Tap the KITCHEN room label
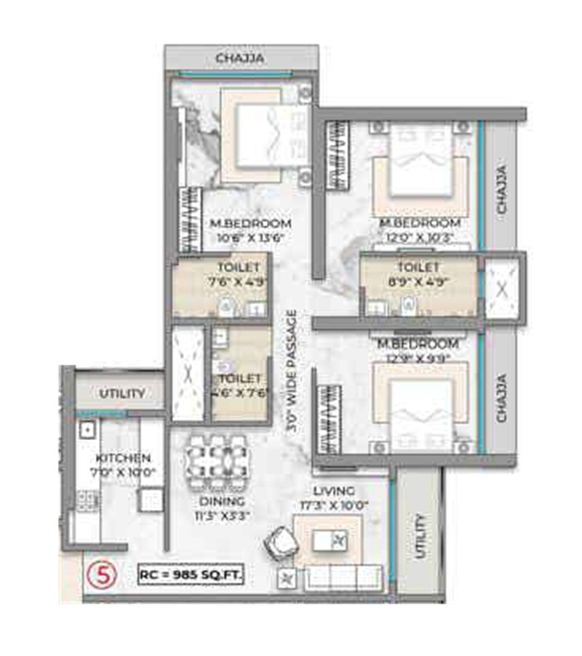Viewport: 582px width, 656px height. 123,459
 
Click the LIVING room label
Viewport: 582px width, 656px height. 335,492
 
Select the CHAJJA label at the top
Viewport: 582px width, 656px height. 239,58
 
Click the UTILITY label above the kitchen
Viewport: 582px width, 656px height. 122,393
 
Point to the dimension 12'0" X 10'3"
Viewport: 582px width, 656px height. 418,236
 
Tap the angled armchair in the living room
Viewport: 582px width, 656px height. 279,541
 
